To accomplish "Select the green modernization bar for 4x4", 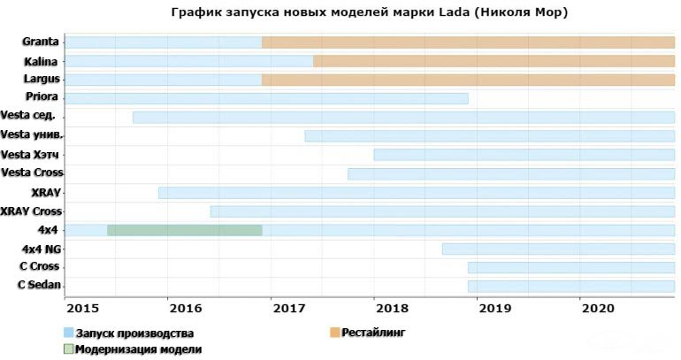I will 184,230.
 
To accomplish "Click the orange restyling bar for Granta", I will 468,42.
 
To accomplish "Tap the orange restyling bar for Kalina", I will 494,61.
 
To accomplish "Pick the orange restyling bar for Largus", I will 468,80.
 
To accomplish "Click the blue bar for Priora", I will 266,98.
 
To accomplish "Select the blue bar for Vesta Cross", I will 510,173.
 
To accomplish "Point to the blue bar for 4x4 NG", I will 558,249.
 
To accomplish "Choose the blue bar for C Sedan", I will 570,286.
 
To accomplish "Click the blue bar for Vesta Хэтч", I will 524,155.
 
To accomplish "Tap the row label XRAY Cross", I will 32,211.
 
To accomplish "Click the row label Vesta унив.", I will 32,134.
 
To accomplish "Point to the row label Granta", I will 42,42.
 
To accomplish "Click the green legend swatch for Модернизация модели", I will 68,349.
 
